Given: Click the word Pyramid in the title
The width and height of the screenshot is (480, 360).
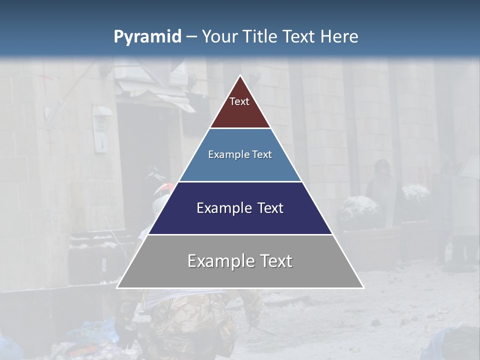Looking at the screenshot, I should coord(147,37).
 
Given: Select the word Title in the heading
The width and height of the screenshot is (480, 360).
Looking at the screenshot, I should coord(260,37).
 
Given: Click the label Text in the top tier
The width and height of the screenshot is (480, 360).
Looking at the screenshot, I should coord(239,101).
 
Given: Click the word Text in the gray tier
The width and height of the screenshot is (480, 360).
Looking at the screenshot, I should coord(276,261).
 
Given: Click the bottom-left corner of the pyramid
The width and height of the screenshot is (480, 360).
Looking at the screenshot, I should coord(117,287).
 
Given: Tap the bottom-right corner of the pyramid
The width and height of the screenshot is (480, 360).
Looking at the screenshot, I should coord(363,287).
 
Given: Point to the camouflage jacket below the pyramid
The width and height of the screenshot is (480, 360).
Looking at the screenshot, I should coord(190,320).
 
